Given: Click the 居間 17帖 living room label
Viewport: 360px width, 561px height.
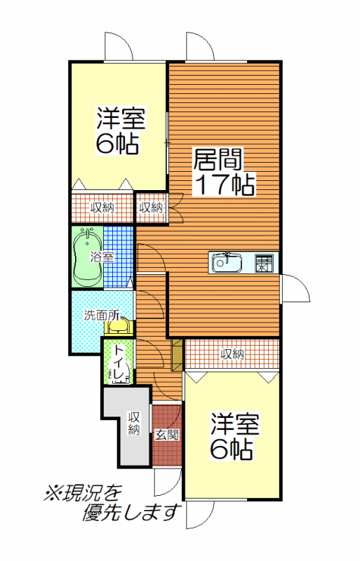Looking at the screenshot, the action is click(225, 172).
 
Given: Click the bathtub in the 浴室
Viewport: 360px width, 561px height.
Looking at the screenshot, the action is click(87, 257).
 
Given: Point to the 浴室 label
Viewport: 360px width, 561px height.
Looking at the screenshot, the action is click(102, 257).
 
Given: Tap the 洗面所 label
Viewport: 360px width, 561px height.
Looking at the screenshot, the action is click(102, 316).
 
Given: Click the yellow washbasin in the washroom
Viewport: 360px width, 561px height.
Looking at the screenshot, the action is click(119, 326).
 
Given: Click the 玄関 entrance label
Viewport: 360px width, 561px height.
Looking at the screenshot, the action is click(166, 435).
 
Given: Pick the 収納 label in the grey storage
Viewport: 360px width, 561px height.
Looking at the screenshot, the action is click(134, 424).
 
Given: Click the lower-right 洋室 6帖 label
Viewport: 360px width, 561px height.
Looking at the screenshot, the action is click(234, 436).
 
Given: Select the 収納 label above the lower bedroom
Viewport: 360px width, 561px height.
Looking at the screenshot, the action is click(232, 354).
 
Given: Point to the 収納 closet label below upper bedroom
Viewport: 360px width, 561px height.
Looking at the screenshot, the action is click(102, 207).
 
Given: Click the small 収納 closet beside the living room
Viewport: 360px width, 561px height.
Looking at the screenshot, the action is click(151, 208).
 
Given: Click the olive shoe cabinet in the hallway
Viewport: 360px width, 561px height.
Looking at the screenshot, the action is click(177, 355).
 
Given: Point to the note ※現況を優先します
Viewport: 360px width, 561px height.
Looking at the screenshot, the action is click(112, 503).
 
